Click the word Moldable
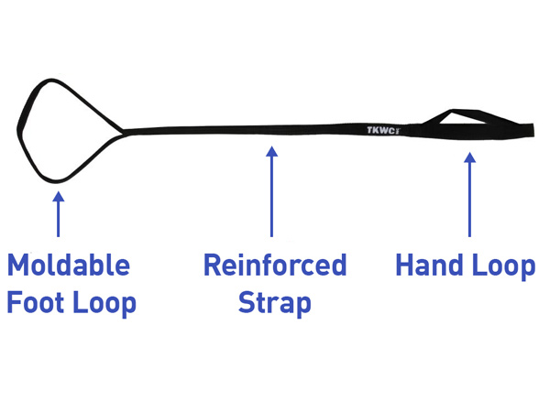(69, 266)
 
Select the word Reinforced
(275, 266)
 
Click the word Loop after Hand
(503, 266)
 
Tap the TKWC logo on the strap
(383, 130)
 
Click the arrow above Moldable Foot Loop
(58, 215)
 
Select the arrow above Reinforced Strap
(271, 192)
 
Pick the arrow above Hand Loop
(469, 197)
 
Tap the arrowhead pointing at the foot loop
(58, 195)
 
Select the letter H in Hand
(405, 266)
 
